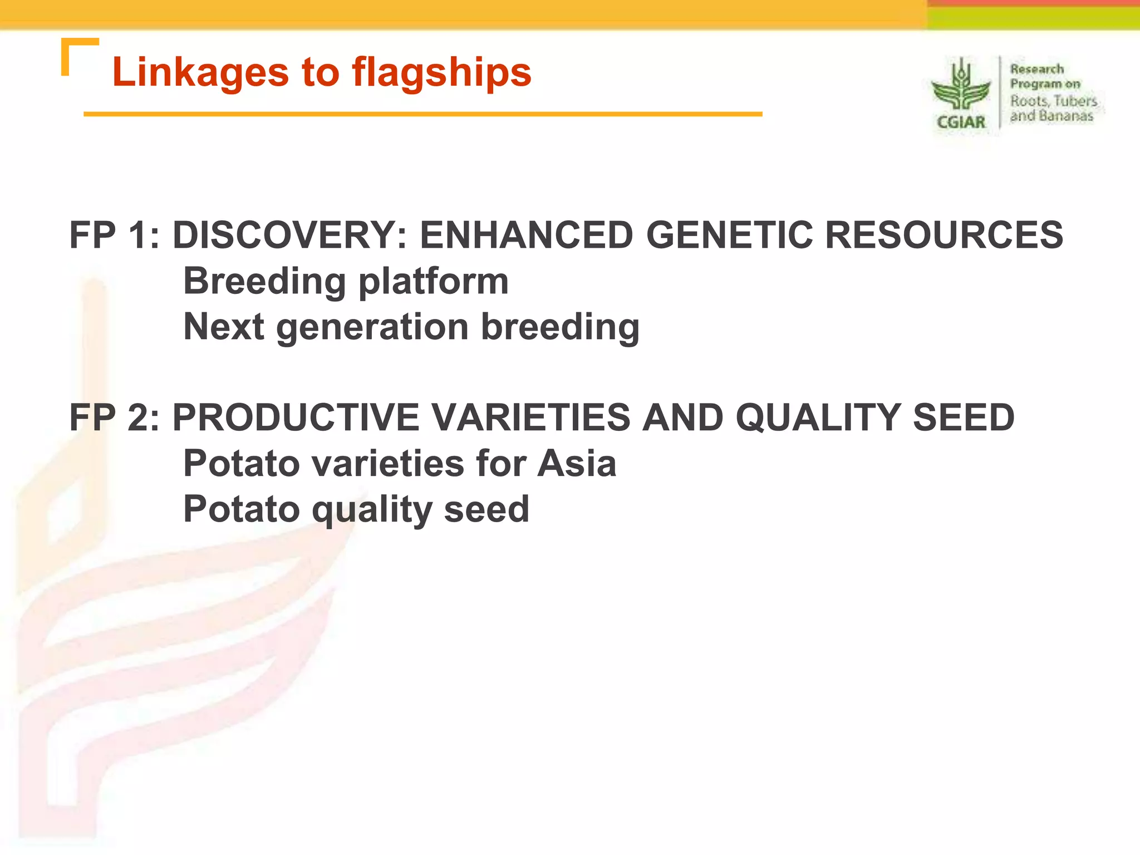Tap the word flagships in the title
click(x=441, y=72)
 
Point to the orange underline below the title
click(x=423, y=114)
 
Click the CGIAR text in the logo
click(x=961, y=122)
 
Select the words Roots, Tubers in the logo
click(x=1053, y=101)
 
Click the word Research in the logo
click(x=1036, y=69)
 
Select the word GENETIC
click(x=729, y=234)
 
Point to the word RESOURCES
click(x=944, y=234)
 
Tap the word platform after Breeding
click(x=433, y=281)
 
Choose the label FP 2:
click(x=114, y=417)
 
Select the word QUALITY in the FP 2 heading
click(x=818, y=417)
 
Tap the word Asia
click(x=577, y=463)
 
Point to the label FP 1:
click(x=114, y=234)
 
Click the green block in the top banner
click(x=1033, y=19)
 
